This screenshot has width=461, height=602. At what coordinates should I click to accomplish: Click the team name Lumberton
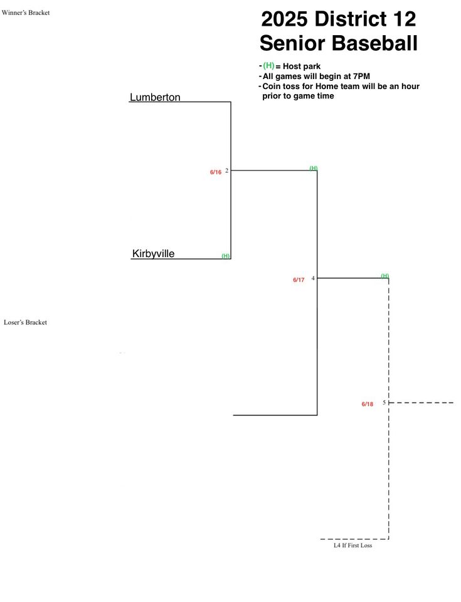[155, 97]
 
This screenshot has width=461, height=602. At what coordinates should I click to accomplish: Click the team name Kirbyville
[153, 253]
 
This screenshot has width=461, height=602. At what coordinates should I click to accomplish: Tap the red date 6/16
[216, 172]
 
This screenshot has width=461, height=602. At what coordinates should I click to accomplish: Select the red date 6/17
[299, 280]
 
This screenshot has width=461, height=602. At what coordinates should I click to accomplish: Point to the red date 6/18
[368, 404]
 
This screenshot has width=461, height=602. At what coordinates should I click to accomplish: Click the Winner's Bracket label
[26, 13]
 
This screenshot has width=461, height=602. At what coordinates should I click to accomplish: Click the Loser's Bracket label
[25, 322]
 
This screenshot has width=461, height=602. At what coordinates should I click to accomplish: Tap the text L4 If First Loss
[352, 545]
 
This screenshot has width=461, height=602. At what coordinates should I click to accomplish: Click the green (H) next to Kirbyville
[226, 256]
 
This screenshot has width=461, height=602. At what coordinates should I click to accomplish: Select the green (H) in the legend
[268, 66]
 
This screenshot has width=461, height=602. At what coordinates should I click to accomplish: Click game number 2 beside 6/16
[226, 171]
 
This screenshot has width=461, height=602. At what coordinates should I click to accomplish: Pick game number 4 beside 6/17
[313, 278]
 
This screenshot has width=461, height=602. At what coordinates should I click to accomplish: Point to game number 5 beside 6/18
[384, 403]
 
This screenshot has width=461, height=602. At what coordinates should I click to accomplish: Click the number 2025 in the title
[285, 19]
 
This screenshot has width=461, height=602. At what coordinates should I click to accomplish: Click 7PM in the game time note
[361, 76]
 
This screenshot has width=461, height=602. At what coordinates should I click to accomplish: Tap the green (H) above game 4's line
[385, 276]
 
